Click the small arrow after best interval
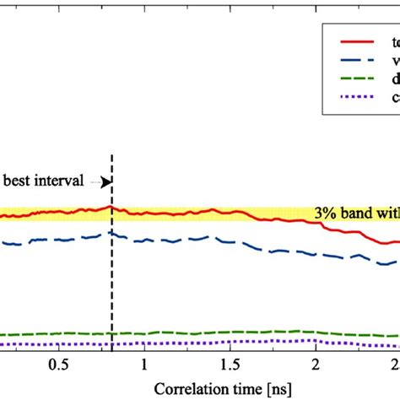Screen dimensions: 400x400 pyautogui.click(x=104, y=181)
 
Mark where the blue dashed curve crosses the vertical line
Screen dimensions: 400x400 pyautogui.click(x=111, y=234)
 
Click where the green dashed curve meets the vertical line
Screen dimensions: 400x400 pyautogui.click(x=111, y=332)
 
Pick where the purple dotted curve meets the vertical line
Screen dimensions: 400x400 pyautogui.click(x=111, y=343)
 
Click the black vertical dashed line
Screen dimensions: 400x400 pyautogui.click(x=111, y=278)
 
